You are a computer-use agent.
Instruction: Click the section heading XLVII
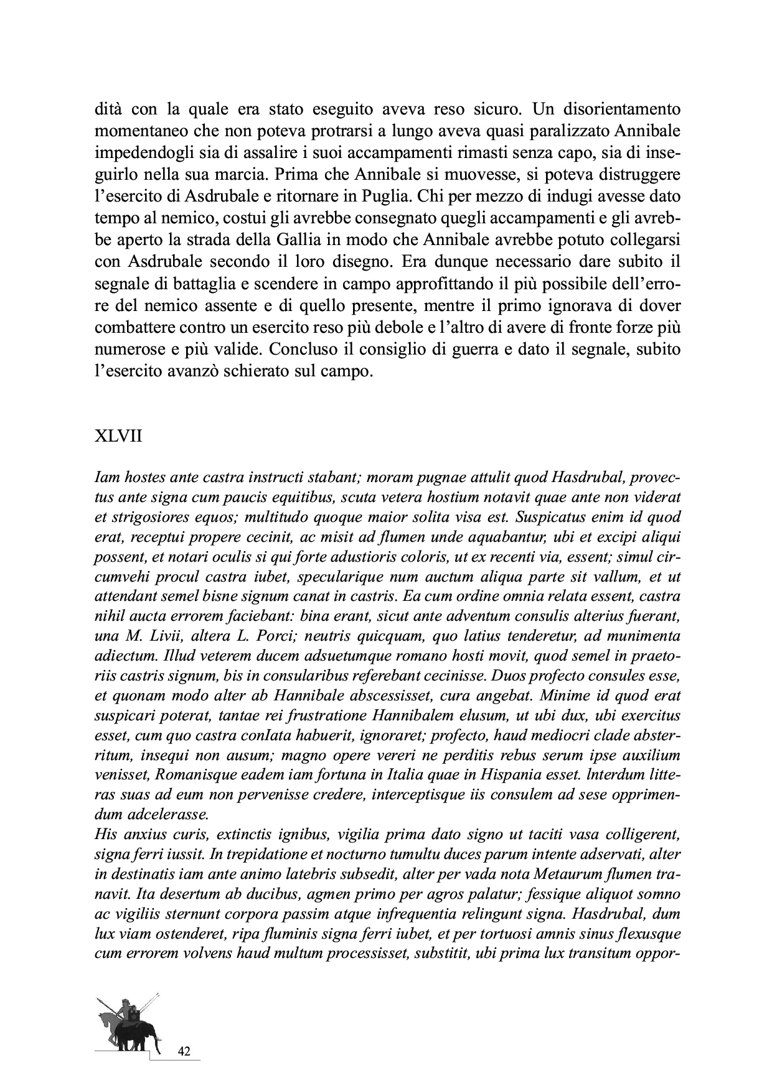point(118,436)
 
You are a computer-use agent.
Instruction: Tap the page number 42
point(184,1051)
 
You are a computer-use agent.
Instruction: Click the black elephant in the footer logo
point(134,1031)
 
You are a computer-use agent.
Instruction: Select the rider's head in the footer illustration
point(125,1003)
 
